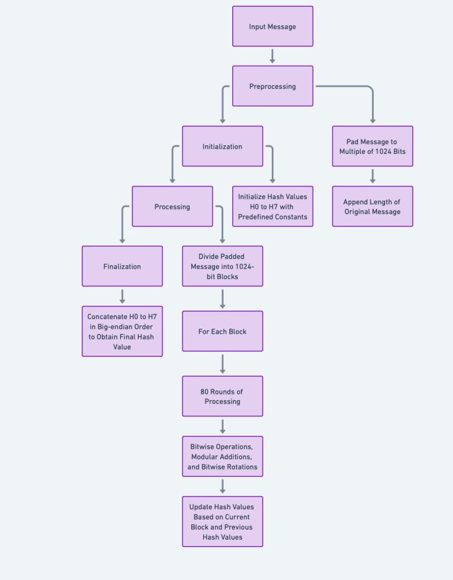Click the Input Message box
click(x=272, y=27)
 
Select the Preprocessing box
click(x=272, y=86)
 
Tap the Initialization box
click(x=223, y=146)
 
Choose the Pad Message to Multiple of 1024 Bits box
click(x=373, y=146)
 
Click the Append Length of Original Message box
click(x=373, y=207)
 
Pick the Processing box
click(x=172, y=207)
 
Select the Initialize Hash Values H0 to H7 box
click(x=272, y=207)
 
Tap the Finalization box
click(x=122, y=266)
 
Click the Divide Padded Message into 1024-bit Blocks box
click(x=223, y=266)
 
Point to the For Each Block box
click(x=223, y=331)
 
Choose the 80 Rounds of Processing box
click(x=223, y=396)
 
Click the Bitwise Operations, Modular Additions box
click(x=223, y=456)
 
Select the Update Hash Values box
click(x=223, y=521)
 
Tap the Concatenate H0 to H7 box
click(x=122, y=331)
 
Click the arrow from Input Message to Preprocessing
click(x=272, y=56)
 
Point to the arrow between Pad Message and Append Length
click(x=373, y=176)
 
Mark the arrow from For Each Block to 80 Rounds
click(x=223, y=363)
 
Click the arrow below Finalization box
click(x=122, y=296)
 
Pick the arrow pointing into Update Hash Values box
click(x=223, y=486)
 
